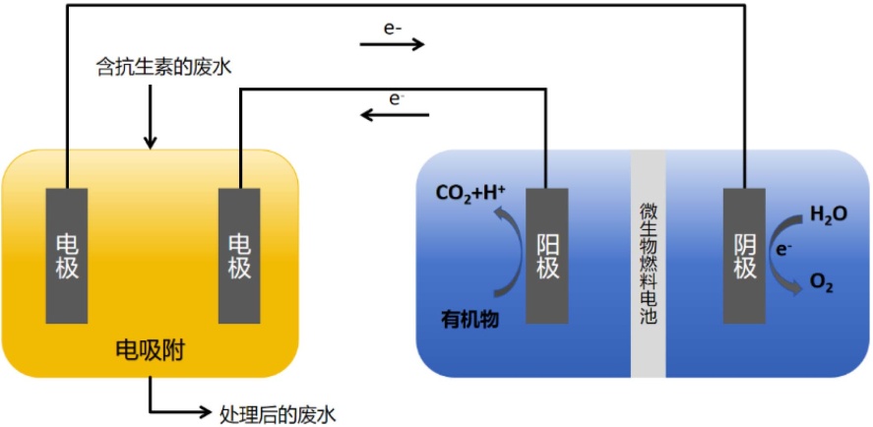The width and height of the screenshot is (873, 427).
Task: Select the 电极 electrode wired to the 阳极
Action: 239,255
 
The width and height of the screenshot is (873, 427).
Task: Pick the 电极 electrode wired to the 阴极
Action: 67,255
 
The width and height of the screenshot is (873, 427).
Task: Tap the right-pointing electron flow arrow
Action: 392,44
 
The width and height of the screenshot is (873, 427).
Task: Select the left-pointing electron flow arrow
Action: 394,115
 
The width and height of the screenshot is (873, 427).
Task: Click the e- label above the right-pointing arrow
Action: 393,29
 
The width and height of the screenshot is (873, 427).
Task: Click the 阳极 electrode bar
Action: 547,255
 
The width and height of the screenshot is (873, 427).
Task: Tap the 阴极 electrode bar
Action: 745,255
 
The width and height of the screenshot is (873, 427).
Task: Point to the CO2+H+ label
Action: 468,193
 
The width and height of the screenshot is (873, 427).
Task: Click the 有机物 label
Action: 471,317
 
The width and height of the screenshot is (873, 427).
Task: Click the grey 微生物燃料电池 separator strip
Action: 649,264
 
